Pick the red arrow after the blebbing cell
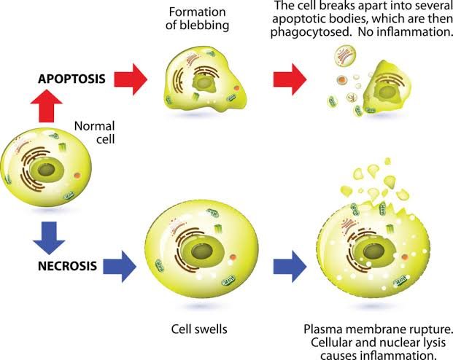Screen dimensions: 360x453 (289, 77)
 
